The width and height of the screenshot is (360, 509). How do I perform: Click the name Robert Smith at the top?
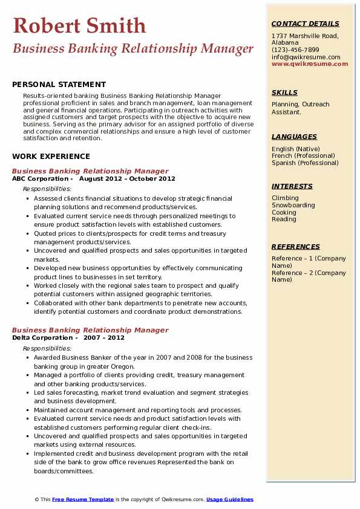click(x=79, y=25)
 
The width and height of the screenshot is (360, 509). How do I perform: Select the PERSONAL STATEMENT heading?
click(x=59, y=85)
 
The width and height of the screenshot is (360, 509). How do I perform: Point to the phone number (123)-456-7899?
click(x=295, y=50)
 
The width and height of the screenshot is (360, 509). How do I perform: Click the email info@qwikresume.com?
click(x=306, y=57)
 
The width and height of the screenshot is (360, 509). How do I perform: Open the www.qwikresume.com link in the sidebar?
click(x=310, y=64)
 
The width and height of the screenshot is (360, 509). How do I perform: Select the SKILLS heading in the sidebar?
click(x=284, y=92)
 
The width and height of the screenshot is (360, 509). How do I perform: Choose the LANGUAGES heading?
click(x=294, y=137)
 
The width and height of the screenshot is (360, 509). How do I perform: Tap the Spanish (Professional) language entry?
click(x=305, y=163)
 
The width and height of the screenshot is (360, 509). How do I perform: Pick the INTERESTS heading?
click(x=292, y=186)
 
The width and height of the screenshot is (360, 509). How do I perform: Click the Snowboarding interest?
click(x=293, y=206)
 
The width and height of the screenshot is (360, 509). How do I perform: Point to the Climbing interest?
click(x=285, y=198)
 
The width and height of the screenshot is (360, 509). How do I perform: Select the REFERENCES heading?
click(x=296, y=247)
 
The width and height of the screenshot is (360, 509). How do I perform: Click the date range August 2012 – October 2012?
click(x=127, y=179)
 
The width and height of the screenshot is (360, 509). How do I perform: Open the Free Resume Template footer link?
click(x=83, y=499)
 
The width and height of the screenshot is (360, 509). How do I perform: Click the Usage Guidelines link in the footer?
click(x=230, y=499)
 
